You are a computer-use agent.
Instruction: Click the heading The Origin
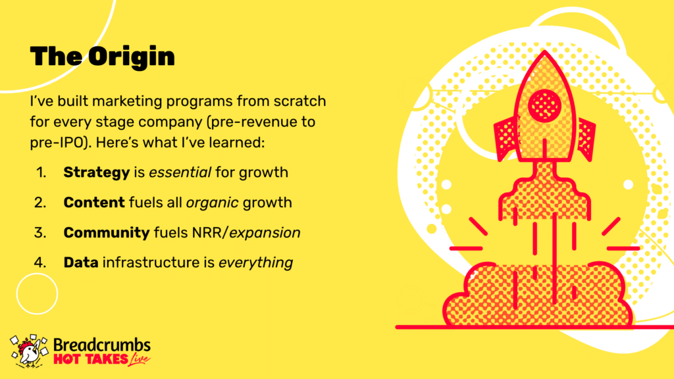pyautogui.click(x=102, y=57)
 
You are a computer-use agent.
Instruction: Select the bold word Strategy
pyautogui.click(x=97, y=173)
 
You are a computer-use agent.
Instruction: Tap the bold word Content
pyautogui.click(x=94, y=203)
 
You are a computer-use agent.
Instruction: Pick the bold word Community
pyautogui.click(x=107, y=233)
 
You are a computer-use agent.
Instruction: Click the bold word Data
pyautogui.click(x=81, y=263)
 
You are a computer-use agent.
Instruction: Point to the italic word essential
pyautogui.click(x=180, y=172)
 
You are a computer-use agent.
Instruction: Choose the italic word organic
pyautogui.click(x=213, y=203)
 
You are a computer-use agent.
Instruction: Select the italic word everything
pyautogui.click(x=256, y=263)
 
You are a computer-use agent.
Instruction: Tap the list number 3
pyautogui.click(x=40, y=233)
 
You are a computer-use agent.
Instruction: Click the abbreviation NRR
pyautogui.click(x=207, y=233)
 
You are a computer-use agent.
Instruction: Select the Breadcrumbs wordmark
pyautogui.click(x=102, y=345)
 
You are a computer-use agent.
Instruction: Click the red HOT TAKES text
pyautogui.click(x=91, y=359)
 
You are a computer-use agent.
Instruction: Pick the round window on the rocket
pyautogui.click(x=544, y=105)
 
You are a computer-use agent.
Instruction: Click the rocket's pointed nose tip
pyautogui.click(x=544, y=51)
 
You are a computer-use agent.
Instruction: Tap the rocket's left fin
pyautogui.click(x=506, y=138)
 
